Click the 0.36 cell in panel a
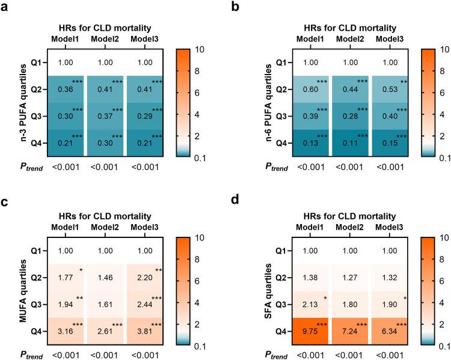coord(66,89)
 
